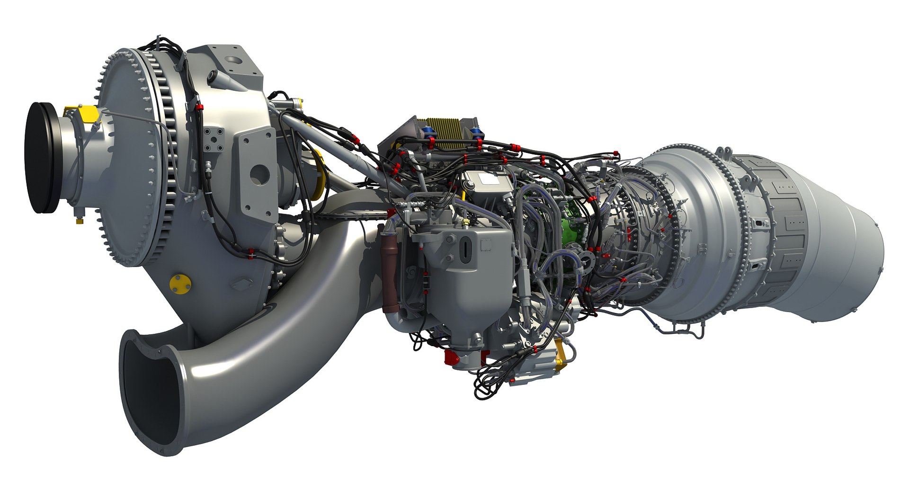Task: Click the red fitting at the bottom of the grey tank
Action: point(450,356)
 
